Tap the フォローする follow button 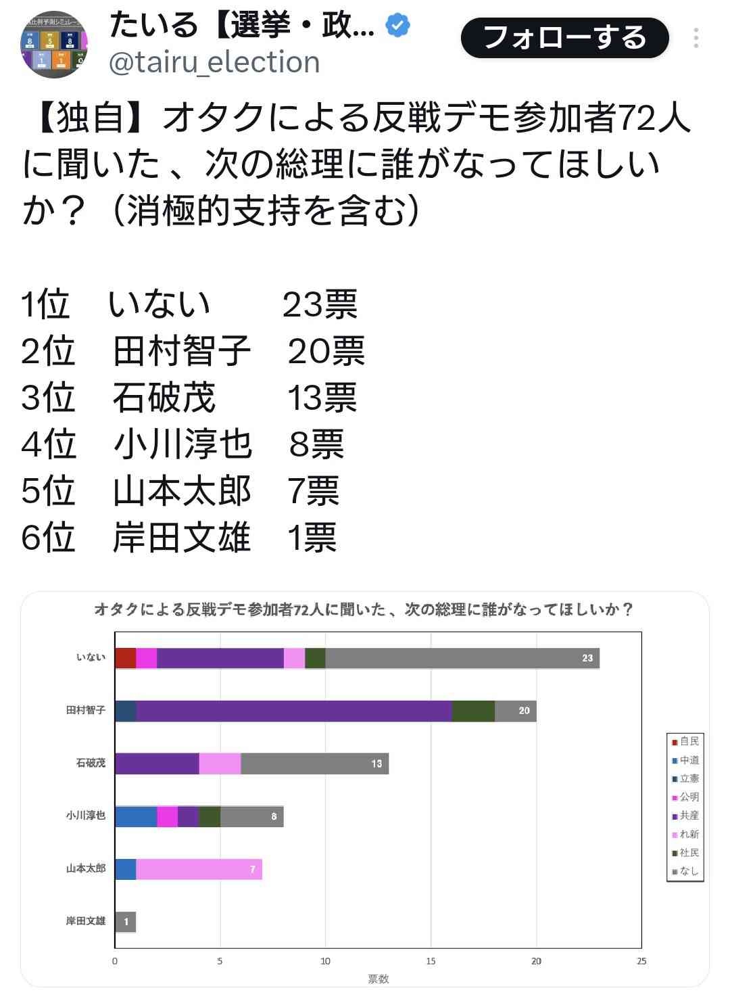(x=564, y=38)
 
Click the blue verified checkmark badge (x=397, y=26)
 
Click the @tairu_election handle (x=214, y=62)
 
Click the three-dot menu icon (x=696, y=38)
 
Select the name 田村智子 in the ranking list (x=182, y=351)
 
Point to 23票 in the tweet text (x=320, y=304)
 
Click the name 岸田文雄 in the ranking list (x=182, y=538)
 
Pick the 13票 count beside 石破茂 (x=322, y=398)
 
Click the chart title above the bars (x=364, y=609)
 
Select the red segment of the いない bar (x=125, y=658)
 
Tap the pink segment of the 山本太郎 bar (x=199, y=869)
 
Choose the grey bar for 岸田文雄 (x=125, y=922)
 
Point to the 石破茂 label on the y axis (x=91, y=763)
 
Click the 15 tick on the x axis (x=431, y=961)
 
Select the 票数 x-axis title (x=379, y=979)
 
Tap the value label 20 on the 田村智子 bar (x=525, y=711)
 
